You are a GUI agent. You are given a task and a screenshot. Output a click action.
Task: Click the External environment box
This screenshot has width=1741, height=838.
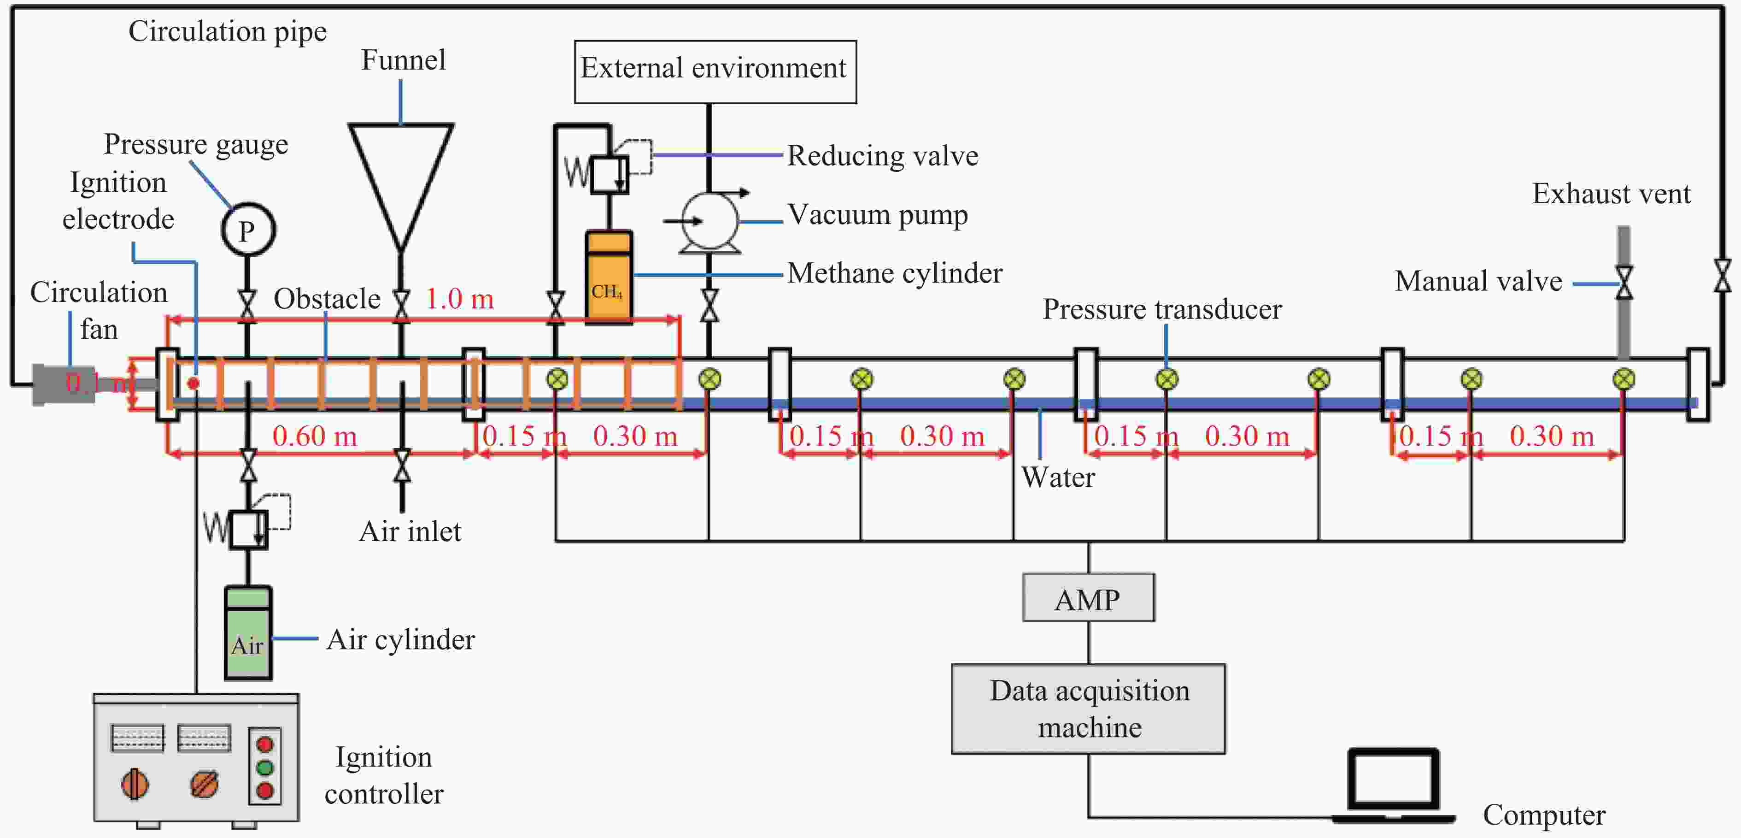coord(715,72)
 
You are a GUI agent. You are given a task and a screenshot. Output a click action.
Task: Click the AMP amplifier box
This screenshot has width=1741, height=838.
coord(1088,597)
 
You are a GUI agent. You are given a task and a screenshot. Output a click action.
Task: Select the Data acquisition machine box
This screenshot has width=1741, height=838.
coord(1088,708)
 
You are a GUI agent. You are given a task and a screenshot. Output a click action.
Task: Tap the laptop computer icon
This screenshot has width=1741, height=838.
coord(1393,785)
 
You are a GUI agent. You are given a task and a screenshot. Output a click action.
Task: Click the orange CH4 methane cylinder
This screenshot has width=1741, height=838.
coord(608,277)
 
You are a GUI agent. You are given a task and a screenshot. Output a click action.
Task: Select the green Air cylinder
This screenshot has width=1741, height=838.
coord(248,632)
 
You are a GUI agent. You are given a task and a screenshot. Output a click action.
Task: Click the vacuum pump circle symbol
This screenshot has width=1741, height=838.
coord(709,221)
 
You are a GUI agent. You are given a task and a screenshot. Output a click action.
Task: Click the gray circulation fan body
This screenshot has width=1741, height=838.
coord(64,384)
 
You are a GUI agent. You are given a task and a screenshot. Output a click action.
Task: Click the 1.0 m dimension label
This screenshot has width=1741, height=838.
coord(460,299)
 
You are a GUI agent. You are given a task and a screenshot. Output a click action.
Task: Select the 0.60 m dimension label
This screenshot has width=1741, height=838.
coord(314,436)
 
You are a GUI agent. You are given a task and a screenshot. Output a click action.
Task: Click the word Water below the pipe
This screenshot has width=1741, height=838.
coord(1058,478)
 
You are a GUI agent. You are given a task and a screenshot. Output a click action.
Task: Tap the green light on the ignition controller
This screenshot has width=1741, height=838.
coord(265,767)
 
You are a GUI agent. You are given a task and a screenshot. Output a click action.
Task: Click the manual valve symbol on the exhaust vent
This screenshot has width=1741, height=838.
coord(1624,283)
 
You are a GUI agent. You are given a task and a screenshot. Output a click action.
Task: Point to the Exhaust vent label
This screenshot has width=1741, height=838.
coord(1611,194)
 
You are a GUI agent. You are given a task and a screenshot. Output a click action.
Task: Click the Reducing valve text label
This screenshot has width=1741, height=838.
coord(883,156)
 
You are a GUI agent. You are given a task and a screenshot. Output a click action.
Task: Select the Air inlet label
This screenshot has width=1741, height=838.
coord(410,531)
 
